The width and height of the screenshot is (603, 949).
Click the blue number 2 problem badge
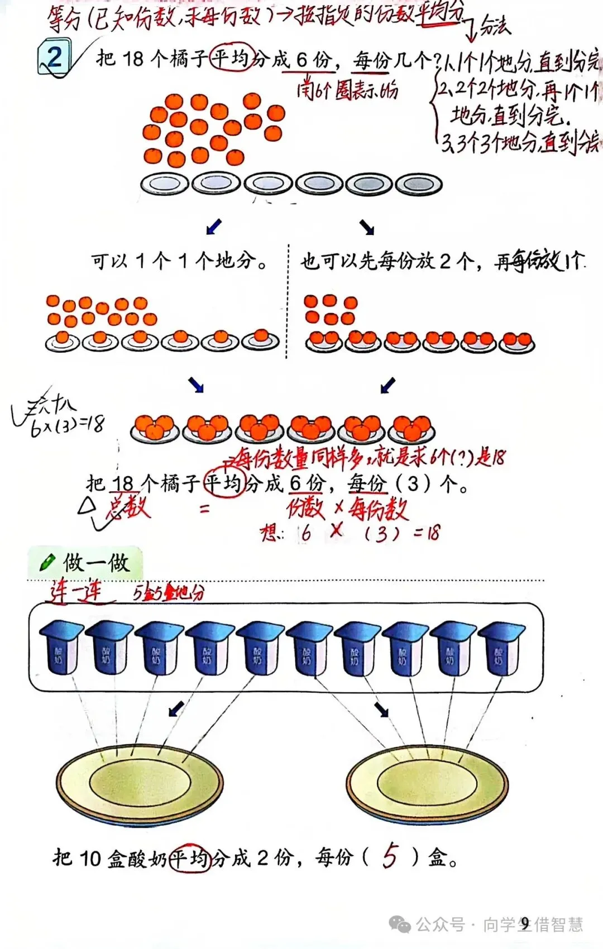(x=54, y=57)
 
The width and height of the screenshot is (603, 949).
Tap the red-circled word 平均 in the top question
(x=232, y=57)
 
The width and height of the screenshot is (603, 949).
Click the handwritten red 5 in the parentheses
(x=390, y=856)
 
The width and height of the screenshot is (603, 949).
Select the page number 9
(x=525, y=923)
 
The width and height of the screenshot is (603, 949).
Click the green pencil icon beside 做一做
(x=47, y=562)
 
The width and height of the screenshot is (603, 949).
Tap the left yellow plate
(x=140, y=784)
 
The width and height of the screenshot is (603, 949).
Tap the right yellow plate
(x=427, y=784)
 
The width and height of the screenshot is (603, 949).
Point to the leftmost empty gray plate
(x=164, y=184)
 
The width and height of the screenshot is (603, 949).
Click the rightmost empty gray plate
(x=419, y=184)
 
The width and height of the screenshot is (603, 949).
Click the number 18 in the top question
(x=132, y=58)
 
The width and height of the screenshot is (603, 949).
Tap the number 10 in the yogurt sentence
(x=89, y=858)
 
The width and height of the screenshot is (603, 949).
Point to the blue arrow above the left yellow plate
(x=176, y=709)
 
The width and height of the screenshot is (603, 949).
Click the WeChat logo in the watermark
(x=400, y=924)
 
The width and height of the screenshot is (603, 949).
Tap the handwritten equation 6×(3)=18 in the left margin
(x=67, y=426)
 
